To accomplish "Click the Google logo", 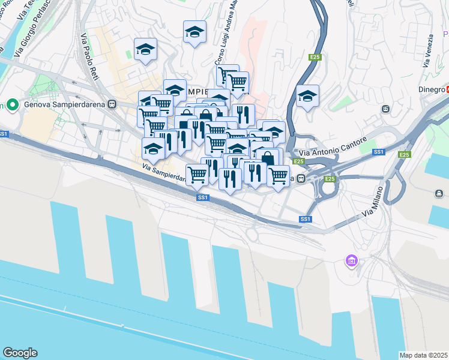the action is click(x=20, y=353).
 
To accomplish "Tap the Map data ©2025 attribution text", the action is click(x=423, y=355).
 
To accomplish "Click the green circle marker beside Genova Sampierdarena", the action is click(x=11, y=104).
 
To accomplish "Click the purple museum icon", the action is click(x=351, y=261).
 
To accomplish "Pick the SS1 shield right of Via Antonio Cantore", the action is click(x=378, y=152).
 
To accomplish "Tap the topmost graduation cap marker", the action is click(x=194, y=32).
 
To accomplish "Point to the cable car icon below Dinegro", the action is click(x=385, y=109).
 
